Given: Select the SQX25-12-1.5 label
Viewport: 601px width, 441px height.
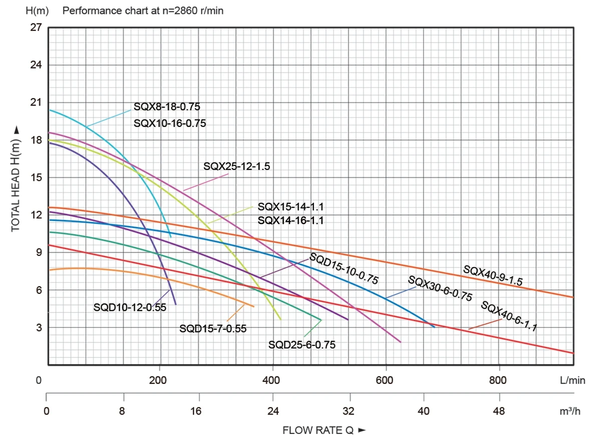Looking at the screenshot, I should [237, 167].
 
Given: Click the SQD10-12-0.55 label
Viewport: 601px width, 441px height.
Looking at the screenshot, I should [130, 307].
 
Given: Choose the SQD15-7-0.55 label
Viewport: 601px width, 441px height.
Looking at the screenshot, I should [213, 328].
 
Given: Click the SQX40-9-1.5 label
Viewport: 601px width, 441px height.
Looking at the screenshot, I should [493, 275].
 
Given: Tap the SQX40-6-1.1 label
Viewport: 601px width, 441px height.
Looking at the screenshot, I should [509, 316].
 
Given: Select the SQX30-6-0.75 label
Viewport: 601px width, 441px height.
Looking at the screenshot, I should [440, 289].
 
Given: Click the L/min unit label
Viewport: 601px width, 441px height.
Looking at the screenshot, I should [572, 380].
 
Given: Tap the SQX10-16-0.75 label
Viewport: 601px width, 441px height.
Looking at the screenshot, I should [170, 123].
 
